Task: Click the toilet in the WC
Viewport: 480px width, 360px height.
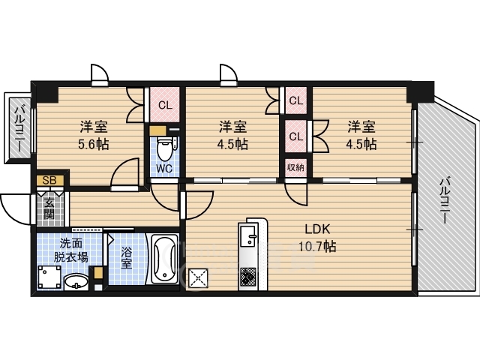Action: tap(165, 148)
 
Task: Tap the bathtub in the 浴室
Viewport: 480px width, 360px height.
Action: tap(165, 259)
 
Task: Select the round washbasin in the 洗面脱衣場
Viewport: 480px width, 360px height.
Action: tap(76, 282)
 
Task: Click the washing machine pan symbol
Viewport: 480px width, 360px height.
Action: tap(49, 277)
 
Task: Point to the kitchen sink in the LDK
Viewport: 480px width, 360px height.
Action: tap(248, 235)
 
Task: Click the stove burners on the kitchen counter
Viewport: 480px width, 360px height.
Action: tap(248, 277)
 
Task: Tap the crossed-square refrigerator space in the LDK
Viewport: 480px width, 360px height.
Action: tap(198, 278)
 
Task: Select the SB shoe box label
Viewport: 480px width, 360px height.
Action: tap(50, 180)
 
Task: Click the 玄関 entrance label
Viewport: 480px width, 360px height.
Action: tap(49, 208)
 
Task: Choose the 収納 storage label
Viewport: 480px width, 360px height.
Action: tap(295, 167)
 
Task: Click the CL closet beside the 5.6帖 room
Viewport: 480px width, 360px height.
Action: tap(165, 105)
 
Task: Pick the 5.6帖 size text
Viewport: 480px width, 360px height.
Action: tap(94, 144)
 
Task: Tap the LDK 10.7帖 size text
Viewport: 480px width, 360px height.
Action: tap(317, 246)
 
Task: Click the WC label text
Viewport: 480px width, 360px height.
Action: tap(164, 168)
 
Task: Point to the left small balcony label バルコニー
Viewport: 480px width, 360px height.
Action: tap(20, 128)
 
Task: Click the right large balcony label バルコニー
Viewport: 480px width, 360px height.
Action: tap(445, 200)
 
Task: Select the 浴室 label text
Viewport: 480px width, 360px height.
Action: tap(126, 258)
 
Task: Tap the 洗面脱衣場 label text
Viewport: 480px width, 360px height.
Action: tap(70, 250)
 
